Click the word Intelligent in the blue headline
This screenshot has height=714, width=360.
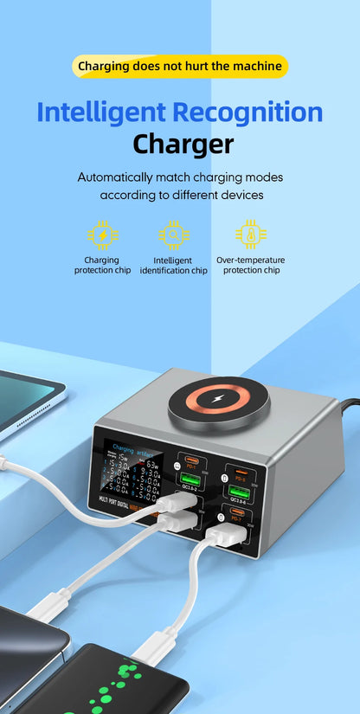point(101,112)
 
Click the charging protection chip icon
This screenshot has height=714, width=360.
point(102,235)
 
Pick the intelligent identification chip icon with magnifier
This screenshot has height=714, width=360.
point(174,235)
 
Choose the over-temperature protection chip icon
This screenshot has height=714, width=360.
point(251,235)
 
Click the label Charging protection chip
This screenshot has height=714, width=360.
point(102,265)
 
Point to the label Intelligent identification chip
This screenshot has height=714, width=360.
point(174,265)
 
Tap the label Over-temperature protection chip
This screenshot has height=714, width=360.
point(251,265)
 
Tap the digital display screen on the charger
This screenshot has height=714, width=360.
point(130,471)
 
